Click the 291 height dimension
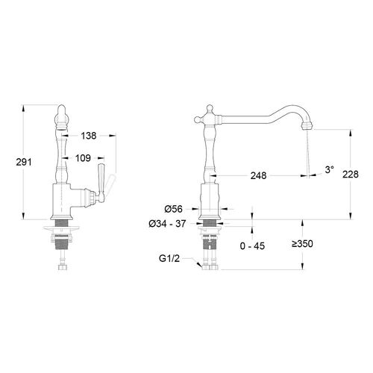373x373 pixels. click(24, 162)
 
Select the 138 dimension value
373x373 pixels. click(89, 136)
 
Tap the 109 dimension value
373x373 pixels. click(83, 158)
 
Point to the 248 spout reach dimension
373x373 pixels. click(258, 176)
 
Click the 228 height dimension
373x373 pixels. click(351, 175)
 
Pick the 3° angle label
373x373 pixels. click(330, 169)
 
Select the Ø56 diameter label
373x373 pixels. click(173, 209)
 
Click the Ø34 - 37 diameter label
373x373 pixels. click(167, 224)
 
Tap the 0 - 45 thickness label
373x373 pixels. click(252, 246)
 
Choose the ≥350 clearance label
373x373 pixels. click(302, 244)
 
